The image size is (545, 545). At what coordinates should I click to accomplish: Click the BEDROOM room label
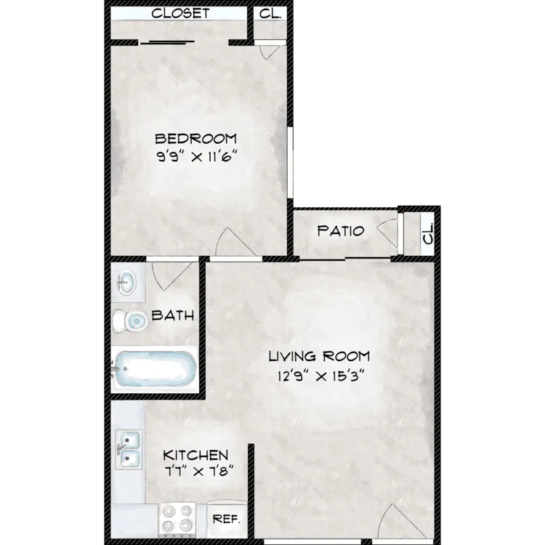click(195, 139)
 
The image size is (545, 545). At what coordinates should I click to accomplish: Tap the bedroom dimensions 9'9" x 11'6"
click(197, 157)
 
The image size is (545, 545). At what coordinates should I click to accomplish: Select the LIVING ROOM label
click(319, 356)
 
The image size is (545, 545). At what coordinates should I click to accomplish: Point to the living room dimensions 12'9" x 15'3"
click(320, 376)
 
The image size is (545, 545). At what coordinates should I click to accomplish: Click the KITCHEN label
click(195, 455)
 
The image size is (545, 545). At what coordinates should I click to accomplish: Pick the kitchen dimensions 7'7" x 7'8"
click(198, 472)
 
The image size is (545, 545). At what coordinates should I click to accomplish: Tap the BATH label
click(173, 315)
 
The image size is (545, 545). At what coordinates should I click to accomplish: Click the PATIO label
click(341, 231)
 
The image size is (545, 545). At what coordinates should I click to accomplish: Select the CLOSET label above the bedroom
click(180, 13)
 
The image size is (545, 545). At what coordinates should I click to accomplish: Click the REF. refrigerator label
click(226, 520)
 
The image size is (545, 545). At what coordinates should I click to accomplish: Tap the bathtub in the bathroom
click(154, 369)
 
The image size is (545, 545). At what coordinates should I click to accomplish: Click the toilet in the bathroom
click(130, 320)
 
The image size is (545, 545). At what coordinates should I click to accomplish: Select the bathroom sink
click(126, 282)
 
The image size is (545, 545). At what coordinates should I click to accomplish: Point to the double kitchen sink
click(129, 449)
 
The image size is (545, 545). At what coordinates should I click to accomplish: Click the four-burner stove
click(177, 520)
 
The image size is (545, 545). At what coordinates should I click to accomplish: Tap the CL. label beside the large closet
click(270, 13)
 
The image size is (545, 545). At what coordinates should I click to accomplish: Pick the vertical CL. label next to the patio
click(428, 233)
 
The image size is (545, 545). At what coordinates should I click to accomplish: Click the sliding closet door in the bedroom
click(167, 42)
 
